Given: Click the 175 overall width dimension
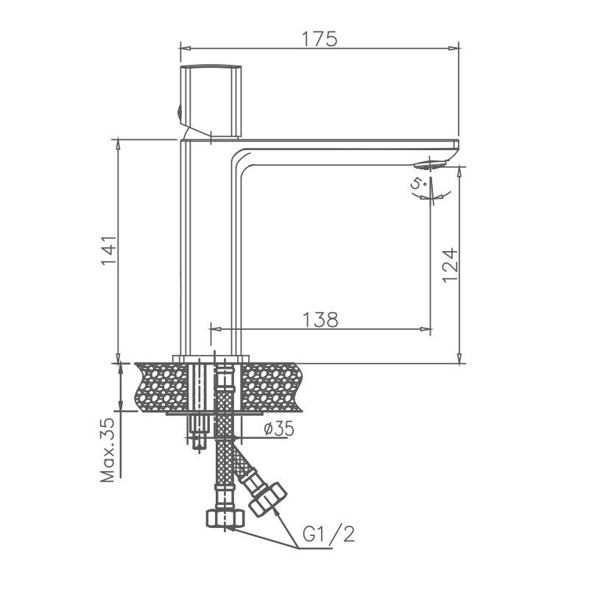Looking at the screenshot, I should (x=320, y=38).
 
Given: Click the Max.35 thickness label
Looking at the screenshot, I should (x=108, y=451).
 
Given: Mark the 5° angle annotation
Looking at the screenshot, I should (x=420, y=186).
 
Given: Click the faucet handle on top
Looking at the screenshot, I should (x=211, y=100).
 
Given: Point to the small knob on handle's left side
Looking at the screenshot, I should (x=178, y=112).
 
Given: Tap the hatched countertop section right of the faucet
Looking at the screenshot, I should (x=280, y=387).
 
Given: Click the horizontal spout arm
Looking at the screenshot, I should (x=346, y=146).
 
